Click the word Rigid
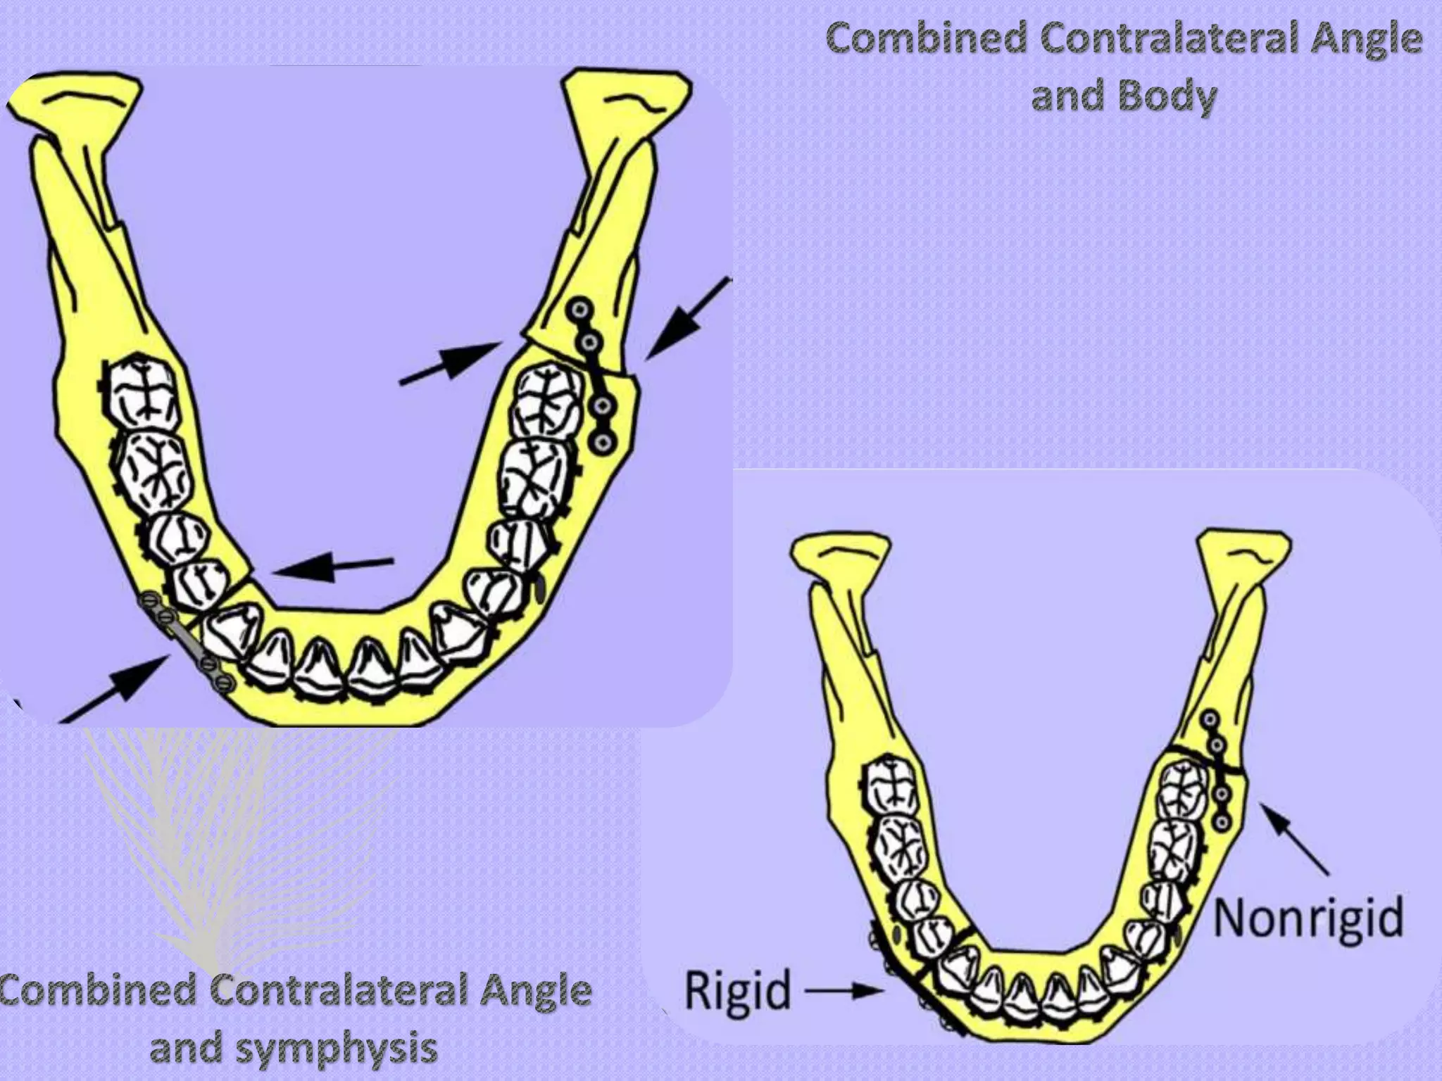tap(738, 990)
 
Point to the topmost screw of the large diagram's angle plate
tap(581, 310)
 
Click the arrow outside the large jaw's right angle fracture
tap(686, 320)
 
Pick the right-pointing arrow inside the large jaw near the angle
tap(451, 363)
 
